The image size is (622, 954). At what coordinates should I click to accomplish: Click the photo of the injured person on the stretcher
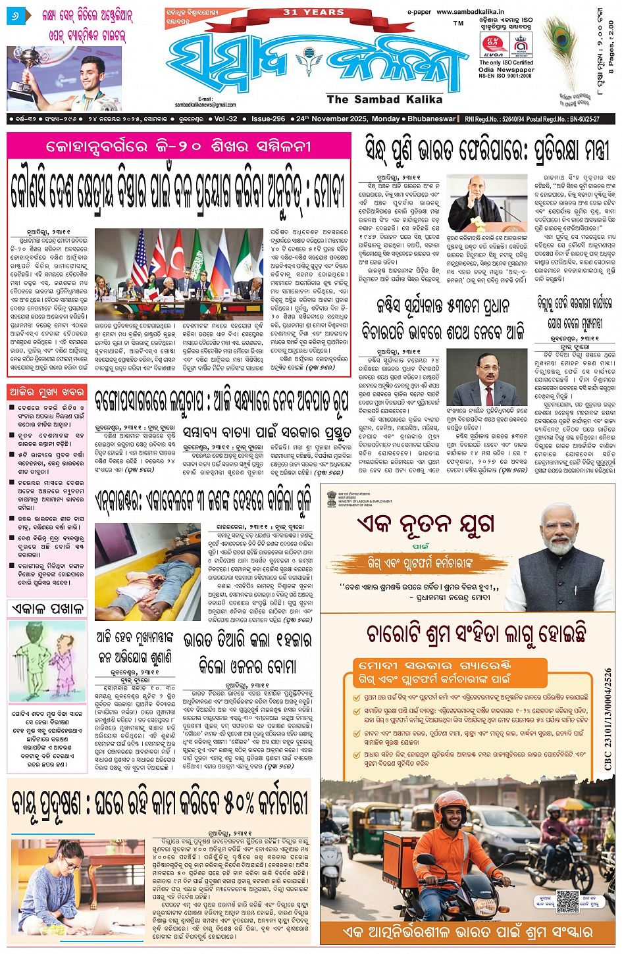click(147, 572)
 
